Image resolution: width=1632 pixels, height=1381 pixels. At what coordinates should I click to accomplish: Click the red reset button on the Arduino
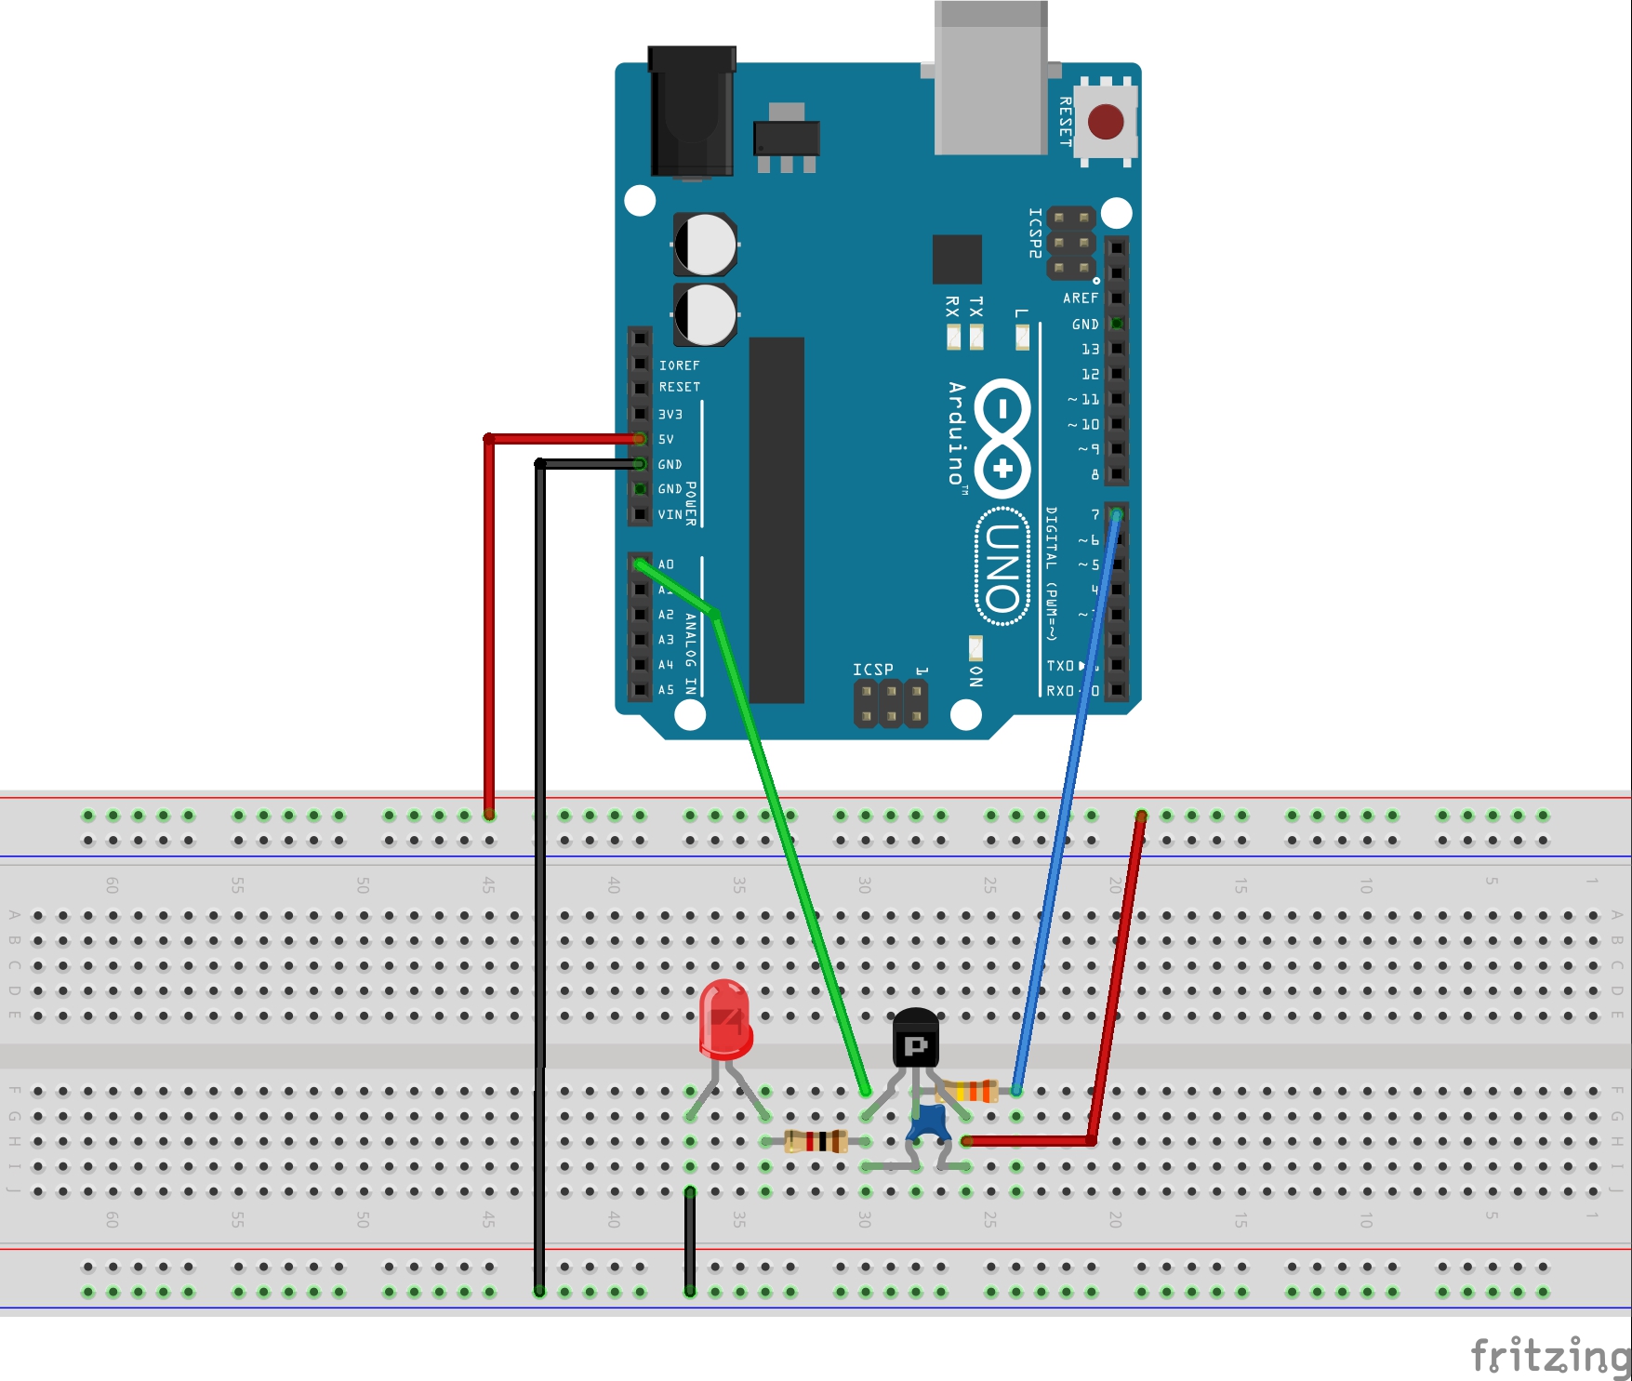pos(1106,121)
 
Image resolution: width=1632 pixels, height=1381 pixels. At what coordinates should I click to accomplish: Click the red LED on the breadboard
pos(725,1020)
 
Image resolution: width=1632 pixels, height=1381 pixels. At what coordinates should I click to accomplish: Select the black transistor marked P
pos(916,1040)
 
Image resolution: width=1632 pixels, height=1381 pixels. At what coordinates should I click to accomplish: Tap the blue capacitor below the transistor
pos(928,1123)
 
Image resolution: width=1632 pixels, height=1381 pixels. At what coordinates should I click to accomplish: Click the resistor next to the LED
pos(816,1140)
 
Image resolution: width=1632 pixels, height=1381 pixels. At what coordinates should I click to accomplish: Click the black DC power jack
pos(692,112)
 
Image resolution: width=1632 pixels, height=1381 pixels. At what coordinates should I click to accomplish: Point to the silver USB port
pos(991,79)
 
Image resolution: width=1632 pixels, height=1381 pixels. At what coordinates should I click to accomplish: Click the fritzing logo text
pos(1549,1356)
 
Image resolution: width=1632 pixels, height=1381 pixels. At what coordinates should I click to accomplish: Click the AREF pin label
pos(1081,299)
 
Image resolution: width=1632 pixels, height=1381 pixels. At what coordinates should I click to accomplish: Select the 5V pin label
pos(666,439)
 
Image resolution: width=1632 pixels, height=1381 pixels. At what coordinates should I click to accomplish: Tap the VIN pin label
pos(670,514)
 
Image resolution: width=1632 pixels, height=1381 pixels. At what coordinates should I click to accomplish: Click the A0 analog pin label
pos(666,564)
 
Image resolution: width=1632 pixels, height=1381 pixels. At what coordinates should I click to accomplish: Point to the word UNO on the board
pos(1002,567)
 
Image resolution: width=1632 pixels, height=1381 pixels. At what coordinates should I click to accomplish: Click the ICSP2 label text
pos(1035,232)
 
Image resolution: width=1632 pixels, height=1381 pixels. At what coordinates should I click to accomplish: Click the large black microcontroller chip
pos(776,521)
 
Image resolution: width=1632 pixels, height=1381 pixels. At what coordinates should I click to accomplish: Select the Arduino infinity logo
pos(1002,438)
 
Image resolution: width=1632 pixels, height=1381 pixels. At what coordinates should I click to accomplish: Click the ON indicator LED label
pos(975,676)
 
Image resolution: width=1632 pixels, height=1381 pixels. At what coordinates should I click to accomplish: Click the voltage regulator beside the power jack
pos(787,139)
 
